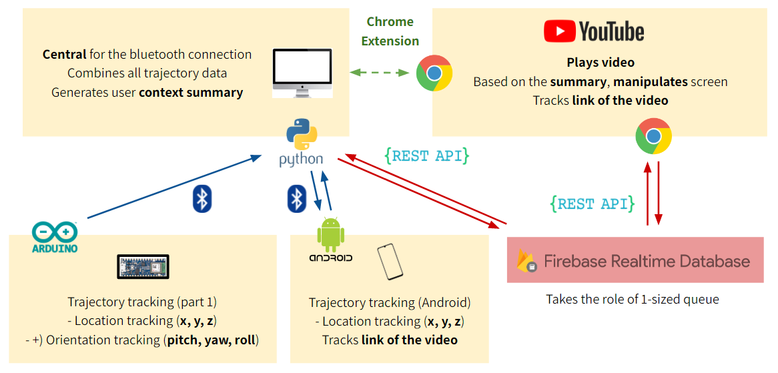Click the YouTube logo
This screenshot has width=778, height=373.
[x=594, y=31]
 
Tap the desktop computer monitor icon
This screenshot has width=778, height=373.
[x=302, y=73]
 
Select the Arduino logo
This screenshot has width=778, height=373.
[x=55, y=237]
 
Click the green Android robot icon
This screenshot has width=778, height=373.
[x=330, y=233]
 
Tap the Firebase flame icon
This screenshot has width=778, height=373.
[x=527, y=260]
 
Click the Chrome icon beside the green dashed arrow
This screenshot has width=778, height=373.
[x=434, y=73]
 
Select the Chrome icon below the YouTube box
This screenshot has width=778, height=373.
[x=653, y=136]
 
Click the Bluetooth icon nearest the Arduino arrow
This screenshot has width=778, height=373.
[x=202, y=199]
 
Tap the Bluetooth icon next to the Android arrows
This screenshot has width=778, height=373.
[x=296, y=199]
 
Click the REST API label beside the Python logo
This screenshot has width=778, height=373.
[x=427, y=156]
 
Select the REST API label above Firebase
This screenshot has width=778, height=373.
[x=592, y=204]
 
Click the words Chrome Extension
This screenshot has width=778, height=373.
[x=390, y=31]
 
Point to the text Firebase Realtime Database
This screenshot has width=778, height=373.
[x=647, y=261]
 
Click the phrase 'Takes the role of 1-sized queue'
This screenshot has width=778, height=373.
[x=633, y=299]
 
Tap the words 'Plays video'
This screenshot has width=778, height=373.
[x=601, y=63]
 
